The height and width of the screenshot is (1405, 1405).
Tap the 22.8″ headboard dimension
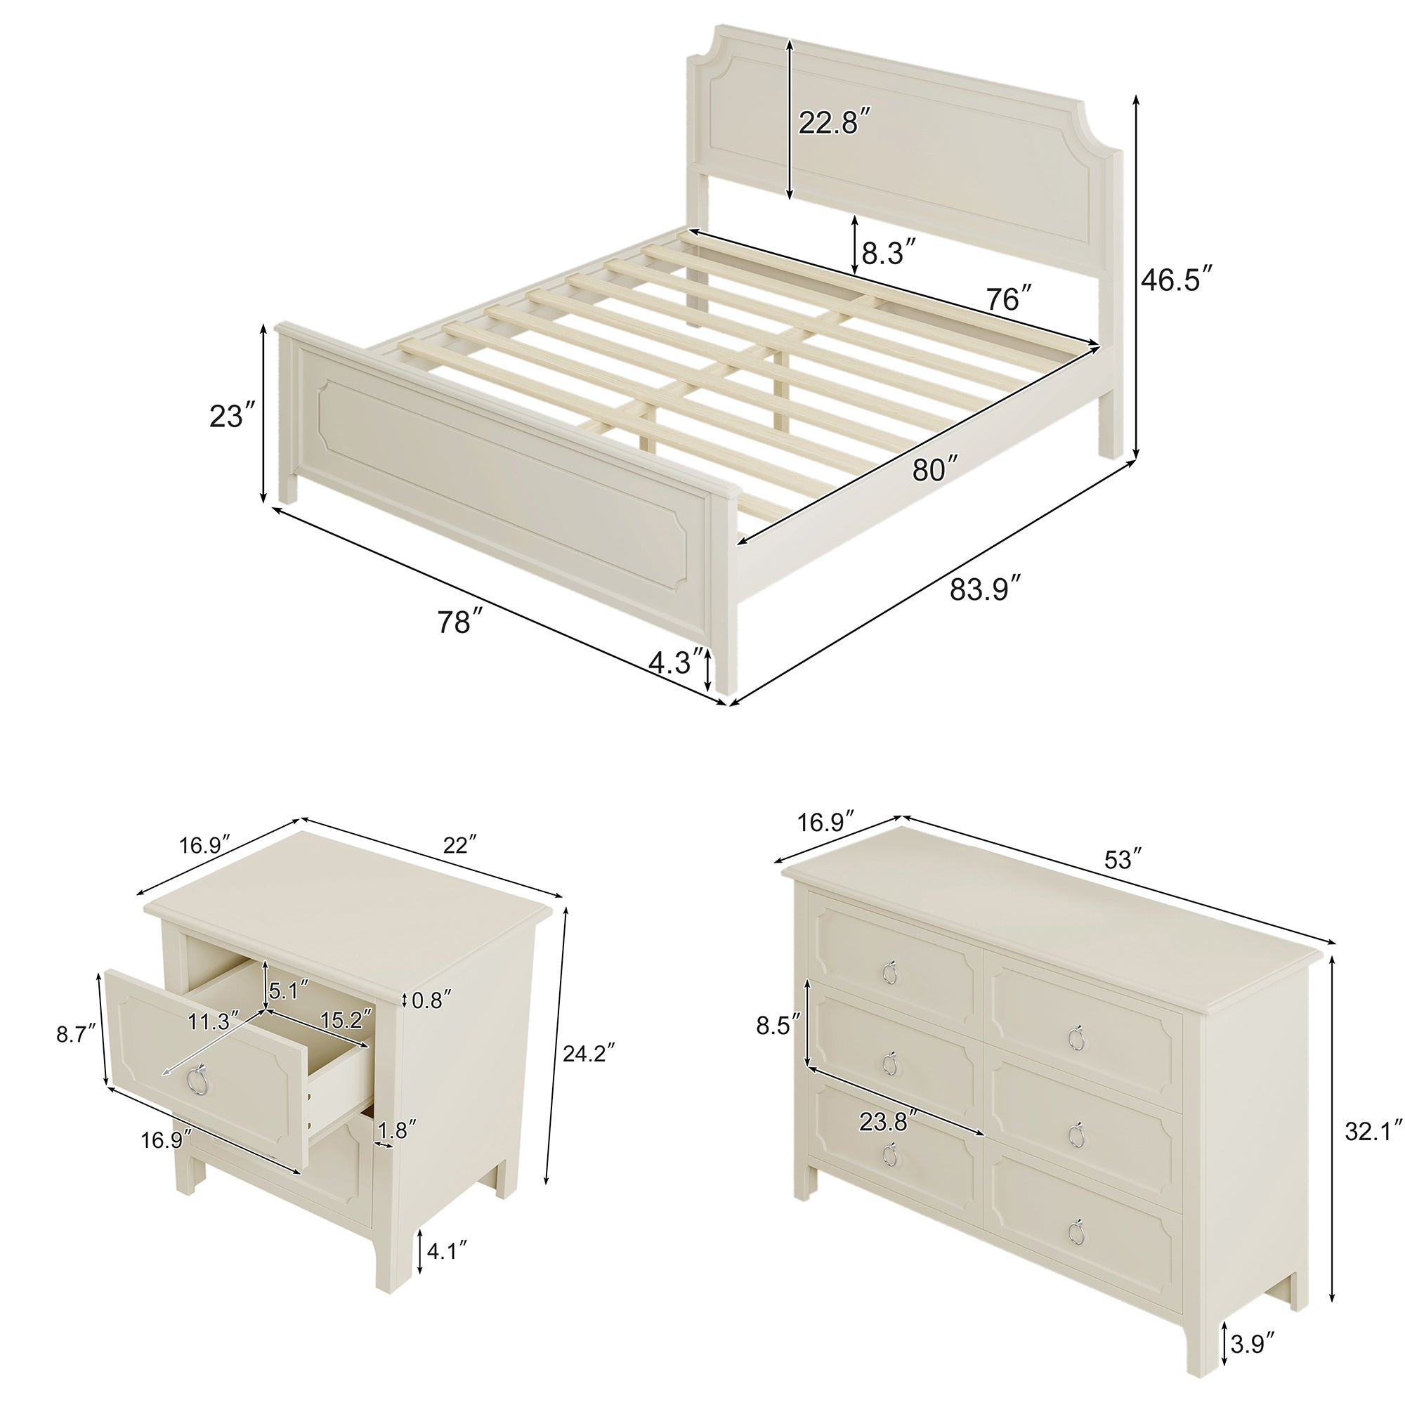[x=834, y=122]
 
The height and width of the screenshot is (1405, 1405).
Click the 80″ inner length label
[x=935, y=470]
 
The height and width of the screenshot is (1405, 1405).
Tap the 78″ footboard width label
[x=459, y=622]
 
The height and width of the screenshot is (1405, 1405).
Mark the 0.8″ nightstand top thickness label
[x=432, y=1000]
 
